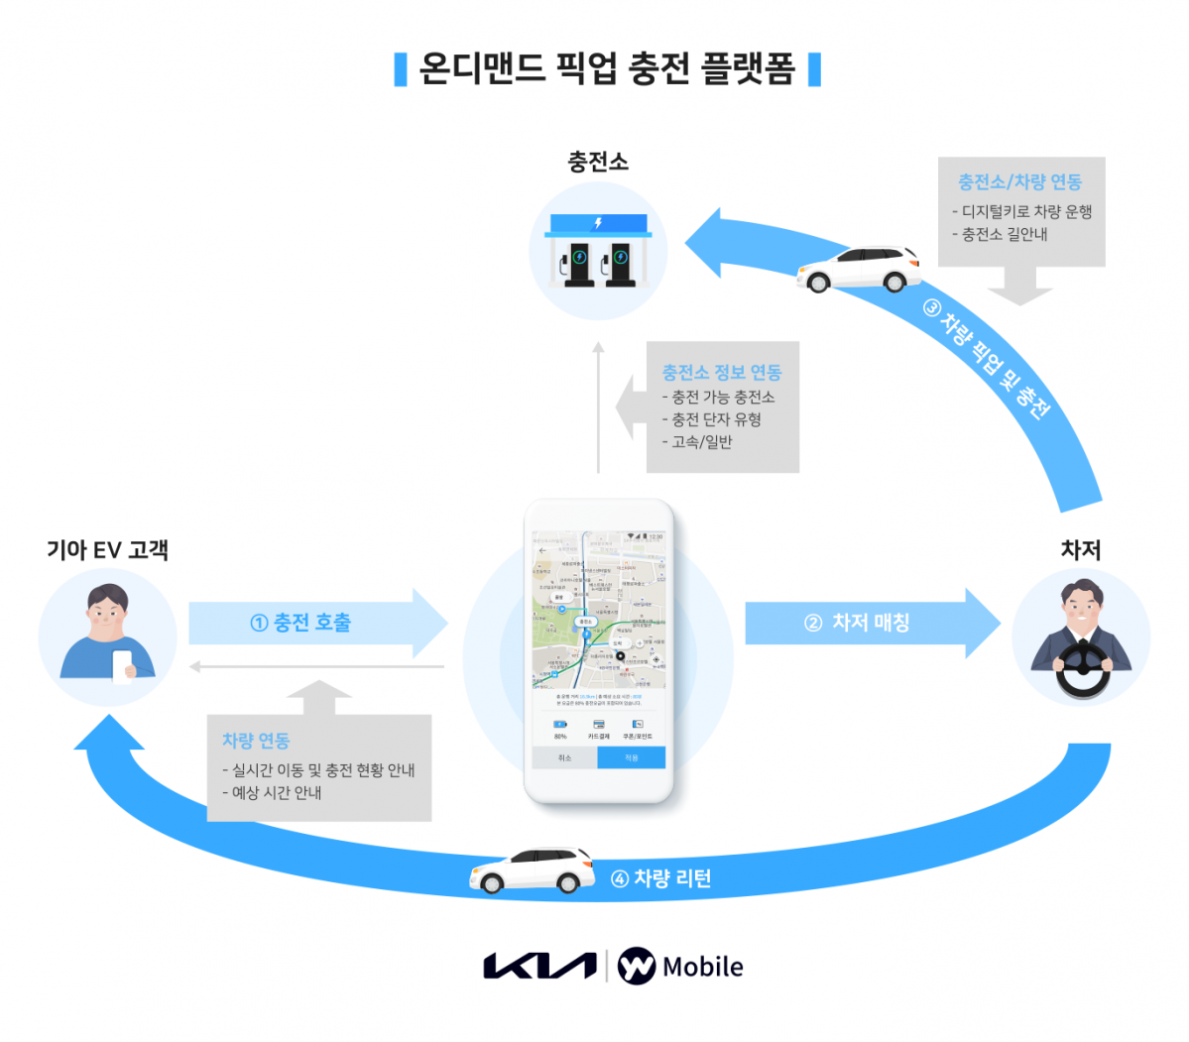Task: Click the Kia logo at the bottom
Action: coord(539,966)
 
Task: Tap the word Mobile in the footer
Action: coord(702,967)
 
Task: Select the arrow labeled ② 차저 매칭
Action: coord(870,623)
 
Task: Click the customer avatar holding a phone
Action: coord(107,636)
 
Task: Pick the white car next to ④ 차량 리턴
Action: coord(533,870)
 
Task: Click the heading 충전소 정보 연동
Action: coord(722,373)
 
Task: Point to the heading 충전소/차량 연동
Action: coord(1019,182)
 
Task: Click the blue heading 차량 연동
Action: coord(256,741)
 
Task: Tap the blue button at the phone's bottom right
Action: coord(632,758)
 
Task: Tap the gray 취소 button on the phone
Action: coord(564,758)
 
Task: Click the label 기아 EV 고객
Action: coord(107,550)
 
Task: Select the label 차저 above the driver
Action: coord(1080,550)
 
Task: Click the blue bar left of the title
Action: coord(401,69)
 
